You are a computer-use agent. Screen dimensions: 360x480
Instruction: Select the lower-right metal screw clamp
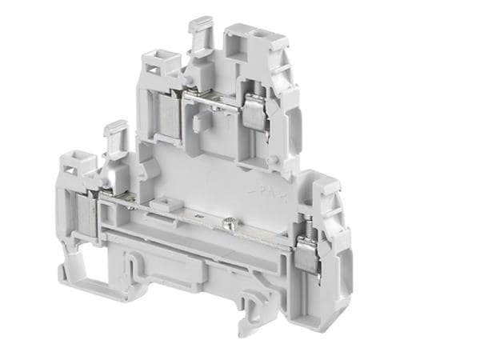click(306, 255)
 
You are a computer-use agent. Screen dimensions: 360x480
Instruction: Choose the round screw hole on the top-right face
click(261, 38)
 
